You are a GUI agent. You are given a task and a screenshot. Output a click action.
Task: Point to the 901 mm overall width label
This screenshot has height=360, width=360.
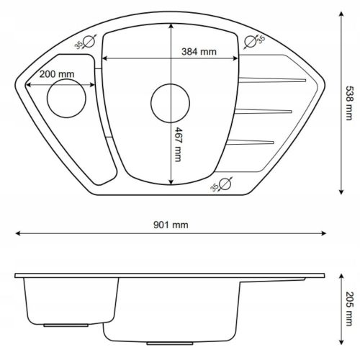click(171, 225)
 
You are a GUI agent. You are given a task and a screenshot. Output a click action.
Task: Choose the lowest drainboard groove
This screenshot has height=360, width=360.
click(251, 140)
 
